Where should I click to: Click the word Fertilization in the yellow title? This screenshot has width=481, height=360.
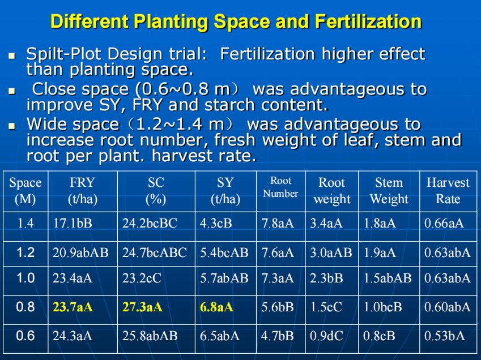pyautogui.click(x=368, y=22)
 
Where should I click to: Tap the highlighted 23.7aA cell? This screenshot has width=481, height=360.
pyautogui.click(x=73, y=307)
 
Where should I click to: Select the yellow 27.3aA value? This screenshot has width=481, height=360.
pyautogui.click(x=142, y=307)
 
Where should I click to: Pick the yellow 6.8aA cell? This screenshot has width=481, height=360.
pyautogui.click(x=216, y=307)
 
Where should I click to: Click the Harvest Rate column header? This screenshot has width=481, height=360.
pyautogui.click(x=448, y=191)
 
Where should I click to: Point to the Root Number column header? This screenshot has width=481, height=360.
pyautogui.click(x=280, y=187)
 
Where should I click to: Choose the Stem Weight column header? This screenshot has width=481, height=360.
pyautogui.click(x=389, y=191)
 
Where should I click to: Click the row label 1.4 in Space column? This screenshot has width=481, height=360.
pyautogui.click(x=25, y=223)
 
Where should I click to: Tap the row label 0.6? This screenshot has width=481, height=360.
pyautogui.click(x=25, y=336)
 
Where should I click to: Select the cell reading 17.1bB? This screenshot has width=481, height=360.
pyautogui.click(x=73, y=223)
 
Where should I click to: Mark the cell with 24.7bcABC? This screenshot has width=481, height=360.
pyautogui.click(x=154, y=253)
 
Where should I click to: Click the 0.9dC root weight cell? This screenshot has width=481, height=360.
pyautogui.click(x=326, y=336)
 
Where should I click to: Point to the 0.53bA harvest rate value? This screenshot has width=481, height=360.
pyautogui.click(x=445, y=336)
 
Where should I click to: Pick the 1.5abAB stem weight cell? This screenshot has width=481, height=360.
pyautogui.click(x=388, y=278)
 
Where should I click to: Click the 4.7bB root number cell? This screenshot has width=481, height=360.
pyautogui.click(x=277, y=336)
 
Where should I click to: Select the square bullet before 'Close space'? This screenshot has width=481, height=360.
pyautogui.click(x=12, y=91)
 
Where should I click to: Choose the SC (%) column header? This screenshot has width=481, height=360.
pyautogui.click(x=156, y=191)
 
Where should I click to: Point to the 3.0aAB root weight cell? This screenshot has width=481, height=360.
pyautogui.click(x=331, y=253)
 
